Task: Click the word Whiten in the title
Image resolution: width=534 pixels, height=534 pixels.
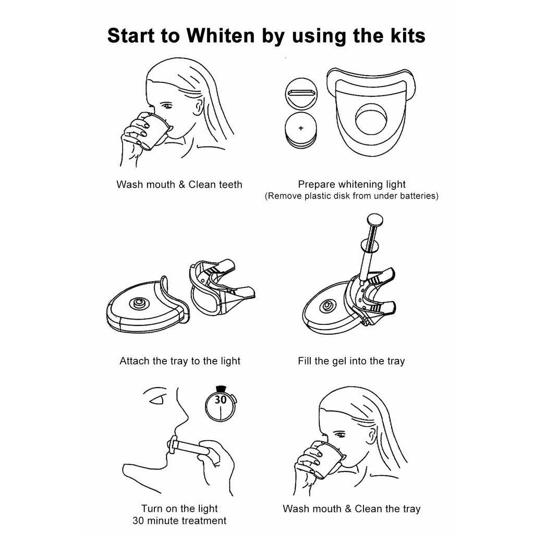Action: [x=221, y=35]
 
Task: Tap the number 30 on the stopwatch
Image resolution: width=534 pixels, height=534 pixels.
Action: [x=221, y=399]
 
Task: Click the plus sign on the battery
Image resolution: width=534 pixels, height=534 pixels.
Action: [x=301, y=128]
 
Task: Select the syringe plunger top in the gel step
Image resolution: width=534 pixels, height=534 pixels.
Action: [x=375, y=219]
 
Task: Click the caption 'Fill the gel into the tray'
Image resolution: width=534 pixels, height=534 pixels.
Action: [x=351, y=361]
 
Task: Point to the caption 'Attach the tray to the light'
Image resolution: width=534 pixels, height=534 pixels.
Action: [x=180, y=361]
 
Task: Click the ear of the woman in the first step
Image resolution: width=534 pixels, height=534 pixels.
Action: [x=198, y=107]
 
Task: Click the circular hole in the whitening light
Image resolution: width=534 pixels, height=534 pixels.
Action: [x=371, y=119]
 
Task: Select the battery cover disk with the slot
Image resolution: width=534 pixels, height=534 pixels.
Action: [x=301, y=93]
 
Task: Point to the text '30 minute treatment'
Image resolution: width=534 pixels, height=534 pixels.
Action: [x=179, y=521]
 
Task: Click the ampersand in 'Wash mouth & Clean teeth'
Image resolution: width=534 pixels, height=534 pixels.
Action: [x=181, y=185]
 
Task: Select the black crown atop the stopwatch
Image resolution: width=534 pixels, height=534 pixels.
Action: [x=221, y=389]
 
